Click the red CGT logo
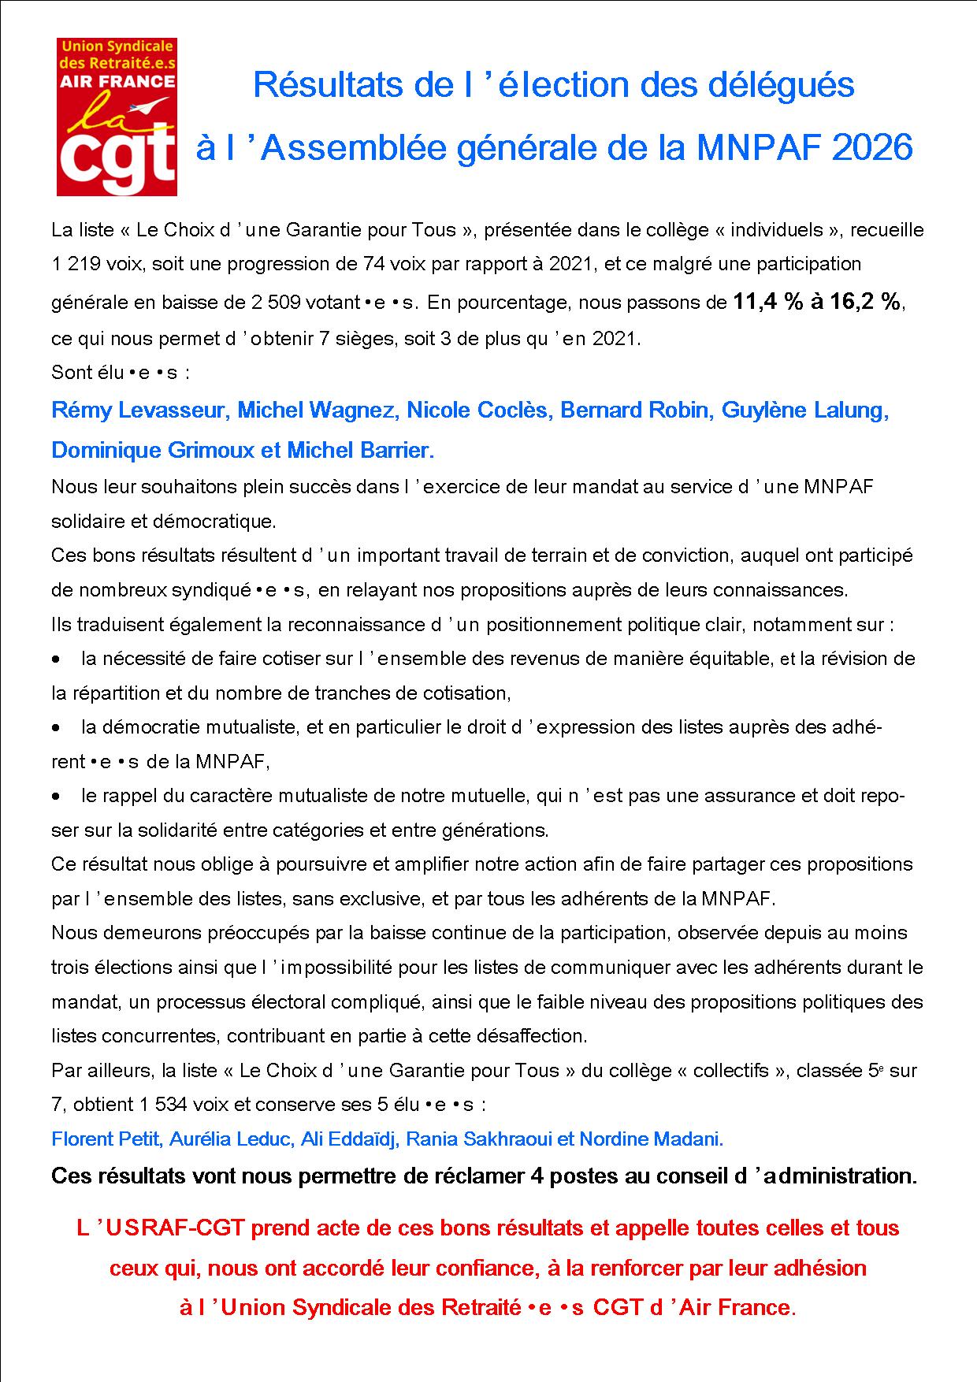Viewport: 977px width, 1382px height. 117,117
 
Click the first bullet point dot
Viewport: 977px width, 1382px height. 56,659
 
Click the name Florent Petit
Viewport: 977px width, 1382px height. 105,1139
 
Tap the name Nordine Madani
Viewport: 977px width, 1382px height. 651,1139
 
